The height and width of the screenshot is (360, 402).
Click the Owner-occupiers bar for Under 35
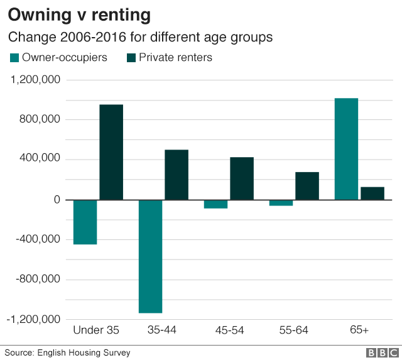pos(85,222)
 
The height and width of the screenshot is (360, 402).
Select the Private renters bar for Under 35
pos(111,152)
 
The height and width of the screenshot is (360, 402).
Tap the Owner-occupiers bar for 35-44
pos(150,256)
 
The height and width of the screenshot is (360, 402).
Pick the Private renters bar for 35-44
pos(177,175)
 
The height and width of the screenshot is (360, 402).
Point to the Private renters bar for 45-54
pos(242,178)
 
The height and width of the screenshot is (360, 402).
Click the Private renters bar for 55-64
pos(307,186)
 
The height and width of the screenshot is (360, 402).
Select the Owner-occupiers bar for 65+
pos(346,149)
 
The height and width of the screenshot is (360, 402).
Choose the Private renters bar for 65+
pos(372,194)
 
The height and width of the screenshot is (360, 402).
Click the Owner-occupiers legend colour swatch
pos(14,58)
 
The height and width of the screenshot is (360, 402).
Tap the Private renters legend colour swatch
pos(131,58)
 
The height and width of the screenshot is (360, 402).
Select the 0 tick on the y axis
pos(57,200)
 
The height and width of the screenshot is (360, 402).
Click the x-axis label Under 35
pos(96,330)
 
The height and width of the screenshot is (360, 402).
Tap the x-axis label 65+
pos(359,330)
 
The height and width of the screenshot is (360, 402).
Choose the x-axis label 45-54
pos(229,330)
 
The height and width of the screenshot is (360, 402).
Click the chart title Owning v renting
pos(80,14)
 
